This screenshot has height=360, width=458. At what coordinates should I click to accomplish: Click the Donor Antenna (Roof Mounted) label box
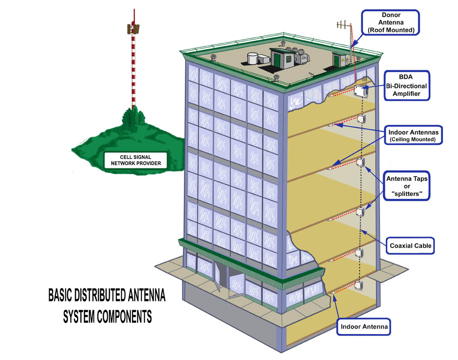click(390, 23)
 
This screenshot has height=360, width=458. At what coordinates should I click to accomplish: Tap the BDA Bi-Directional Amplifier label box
click(407, 86)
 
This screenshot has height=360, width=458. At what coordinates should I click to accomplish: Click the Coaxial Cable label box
click(410, 246)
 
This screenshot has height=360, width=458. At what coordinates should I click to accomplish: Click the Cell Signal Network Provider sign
click(134, 160)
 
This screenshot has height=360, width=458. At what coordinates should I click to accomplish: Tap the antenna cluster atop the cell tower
click(133, 29)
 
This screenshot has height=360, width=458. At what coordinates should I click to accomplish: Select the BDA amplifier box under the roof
click(362, 91)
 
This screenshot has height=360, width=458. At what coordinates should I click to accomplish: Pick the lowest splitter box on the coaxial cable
click(359, 285)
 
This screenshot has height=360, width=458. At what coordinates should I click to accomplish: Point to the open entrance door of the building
click(221, 278)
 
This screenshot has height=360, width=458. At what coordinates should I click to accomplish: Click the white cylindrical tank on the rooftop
click(253, 58)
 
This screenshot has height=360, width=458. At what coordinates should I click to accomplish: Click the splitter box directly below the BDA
click(361, 119)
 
